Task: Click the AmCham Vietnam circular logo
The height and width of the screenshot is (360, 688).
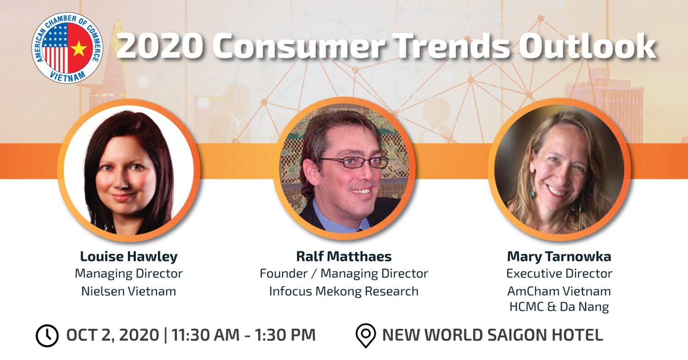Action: (67, 48)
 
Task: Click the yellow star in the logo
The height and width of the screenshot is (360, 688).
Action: (78, 48)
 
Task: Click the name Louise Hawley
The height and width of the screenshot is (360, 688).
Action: (128, 256)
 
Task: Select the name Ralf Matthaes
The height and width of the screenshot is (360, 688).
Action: (344, 256)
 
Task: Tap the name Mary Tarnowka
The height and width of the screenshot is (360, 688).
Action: (559, 256)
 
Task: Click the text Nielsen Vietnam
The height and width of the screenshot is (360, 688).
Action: (128, 291)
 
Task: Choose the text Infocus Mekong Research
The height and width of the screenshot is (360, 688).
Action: (344, 291)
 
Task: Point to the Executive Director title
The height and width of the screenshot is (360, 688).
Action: (559, 273)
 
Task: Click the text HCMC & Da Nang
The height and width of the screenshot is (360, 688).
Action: (559, 307)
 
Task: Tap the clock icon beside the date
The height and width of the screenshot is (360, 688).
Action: (47, 335)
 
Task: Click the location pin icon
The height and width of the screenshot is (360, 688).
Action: (366, 336)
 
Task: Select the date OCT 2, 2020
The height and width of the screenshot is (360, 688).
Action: (112, 335)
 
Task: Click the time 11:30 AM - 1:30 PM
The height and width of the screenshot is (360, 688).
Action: (244, 335)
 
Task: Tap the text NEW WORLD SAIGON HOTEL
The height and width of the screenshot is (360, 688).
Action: (492, 335)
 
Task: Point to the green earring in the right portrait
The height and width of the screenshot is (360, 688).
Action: (533, 192)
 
